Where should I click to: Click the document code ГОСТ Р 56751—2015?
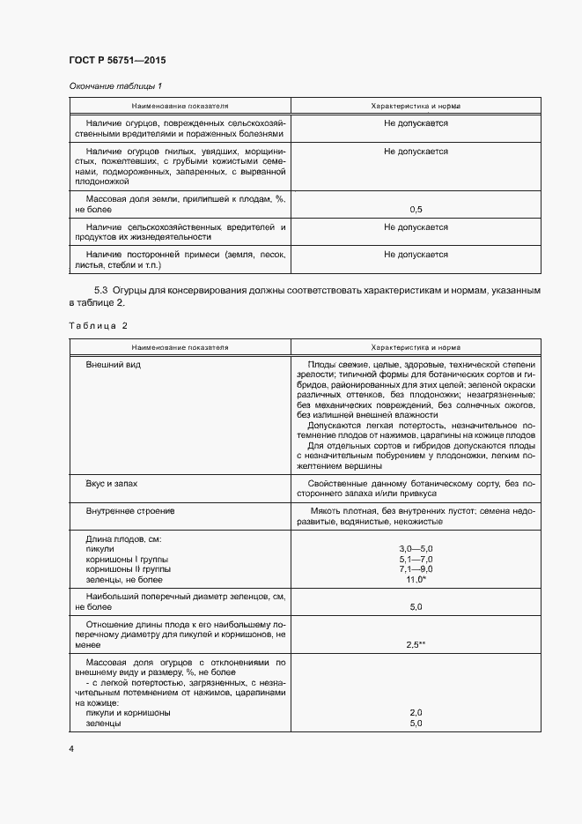click(x=117, y=60)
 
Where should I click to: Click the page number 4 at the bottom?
click(x=71, y=748)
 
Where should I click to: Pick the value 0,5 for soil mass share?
click(x=416, y=209)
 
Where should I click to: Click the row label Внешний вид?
click(x=114, y=364)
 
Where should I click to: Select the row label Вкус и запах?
click(x=112, y=485)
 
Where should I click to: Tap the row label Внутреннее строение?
click(x=130, y=510)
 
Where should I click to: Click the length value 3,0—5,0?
click(x=416, y=549)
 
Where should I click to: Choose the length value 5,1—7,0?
click(x=416, y=560)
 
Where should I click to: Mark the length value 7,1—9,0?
click(x=416, y=569)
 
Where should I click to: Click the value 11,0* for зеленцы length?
click(x=416, y=580)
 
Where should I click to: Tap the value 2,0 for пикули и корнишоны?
click(x=416, y=712)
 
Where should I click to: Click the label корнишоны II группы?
click(x=129, y=569)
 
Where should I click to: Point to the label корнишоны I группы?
click(x=127, y=560)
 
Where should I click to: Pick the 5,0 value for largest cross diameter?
click(x=416, y=607)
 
